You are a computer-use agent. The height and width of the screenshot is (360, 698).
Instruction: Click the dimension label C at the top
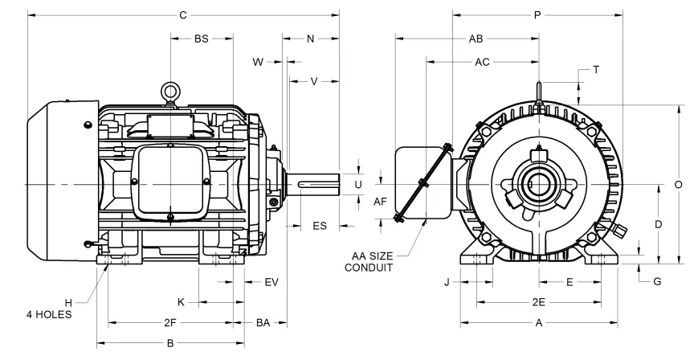point(183,15)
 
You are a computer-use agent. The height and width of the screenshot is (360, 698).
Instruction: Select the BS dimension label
point(201,39)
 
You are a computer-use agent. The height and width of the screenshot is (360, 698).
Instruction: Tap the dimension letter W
point(258,61)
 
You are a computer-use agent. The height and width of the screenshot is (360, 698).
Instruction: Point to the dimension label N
point(310,39)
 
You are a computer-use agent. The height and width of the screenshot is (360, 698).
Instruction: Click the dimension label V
point(314,80)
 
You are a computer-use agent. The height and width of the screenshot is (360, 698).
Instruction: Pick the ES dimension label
point(319,227)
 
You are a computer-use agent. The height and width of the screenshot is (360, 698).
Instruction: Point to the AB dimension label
point(476,39)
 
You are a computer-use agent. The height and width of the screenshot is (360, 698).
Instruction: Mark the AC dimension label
point(483,61)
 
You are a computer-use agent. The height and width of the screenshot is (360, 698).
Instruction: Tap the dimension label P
point(537,15)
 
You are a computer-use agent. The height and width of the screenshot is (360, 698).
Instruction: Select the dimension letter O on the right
point(679,184)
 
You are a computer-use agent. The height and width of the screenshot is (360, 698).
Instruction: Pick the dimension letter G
point(657,281)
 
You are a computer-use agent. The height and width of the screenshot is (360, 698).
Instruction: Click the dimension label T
point(595,70)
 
